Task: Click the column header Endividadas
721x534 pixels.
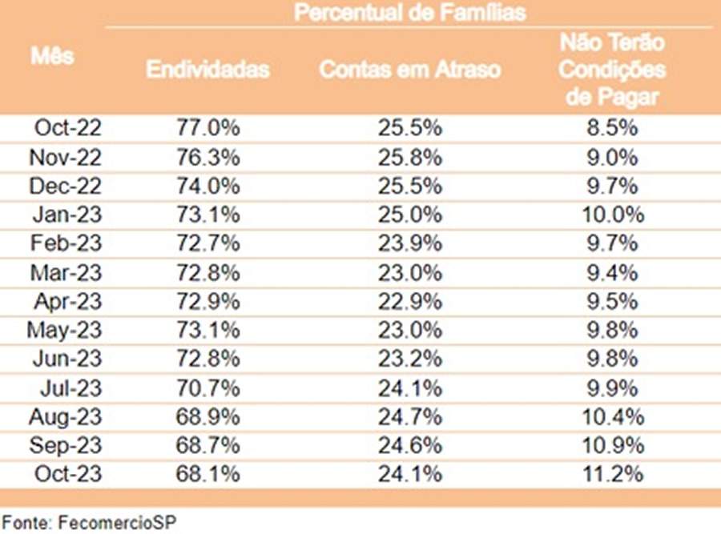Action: coord(207,70)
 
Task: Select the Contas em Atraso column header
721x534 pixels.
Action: coord(409,70)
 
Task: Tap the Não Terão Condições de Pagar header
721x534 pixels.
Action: coord(612,70)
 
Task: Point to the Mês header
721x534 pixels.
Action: coord(53,56)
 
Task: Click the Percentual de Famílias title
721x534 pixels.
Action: coord(409,13)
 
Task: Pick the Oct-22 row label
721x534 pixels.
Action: coord(68,127)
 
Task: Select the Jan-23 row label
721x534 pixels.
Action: coord(68,215)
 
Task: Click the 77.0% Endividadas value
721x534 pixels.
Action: coord(207,127)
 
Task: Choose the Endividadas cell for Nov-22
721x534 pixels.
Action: coord(207,156)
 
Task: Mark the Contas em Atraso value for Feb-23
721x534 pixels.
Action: coord(409,243)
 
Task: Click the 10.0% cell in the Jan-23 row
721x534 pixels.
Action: coord(612,215)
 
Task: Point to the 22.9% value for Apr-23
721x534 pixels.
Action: coord(409,301)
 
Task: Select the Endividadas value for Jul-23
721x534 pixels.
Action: coord(207,388)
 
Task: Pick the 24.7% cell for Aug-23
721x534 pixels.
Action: coord(409,417)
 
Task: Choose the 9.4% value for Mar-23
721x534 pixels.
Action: coord(612,272)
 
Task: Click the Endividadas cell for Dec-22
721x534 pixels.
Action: coord(207,186)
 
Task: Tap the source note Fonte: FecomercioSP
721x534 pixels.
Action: coord(87,522)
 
